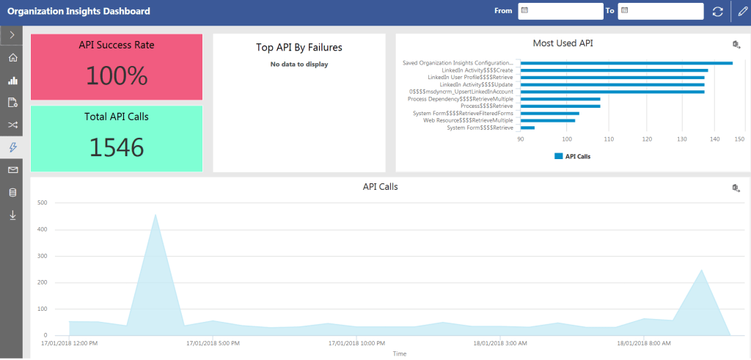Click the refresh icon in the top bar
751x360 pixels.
pyautogui.click(x=717, y=12)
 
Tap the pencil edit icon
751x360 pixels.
pyautogui.click(x=741, y=12)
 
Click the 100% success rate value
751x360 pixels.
pyautogui.click(x=117, y=76)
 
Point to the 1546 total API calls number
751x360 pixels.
pyautogui.click(x=117, y=147)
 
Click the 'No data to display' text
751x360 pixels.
pyautogui.click(x=298, y=64)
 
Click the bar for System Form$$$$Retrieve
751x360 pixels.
pyautogui.click(x=527, y=128)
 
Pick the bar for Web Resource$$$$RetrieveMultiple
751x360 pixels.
pyautogui.click(x=547, y=120)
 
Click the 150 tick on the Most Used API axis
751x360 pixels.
pyautogui.click(x=739, y=139)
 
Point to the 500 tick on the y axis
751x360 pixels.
pyautogui.click(x=42, y=202)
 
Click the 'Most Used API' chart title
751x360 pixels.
pyautogui.click(x=563, y=43)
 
